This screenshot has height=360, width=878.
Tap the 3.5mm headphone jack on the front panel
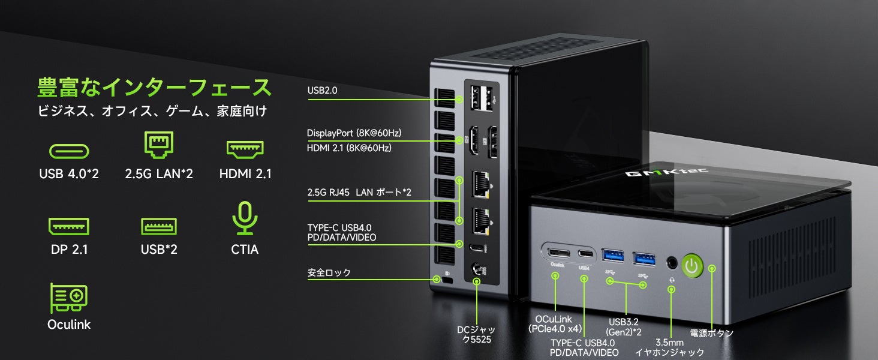coord(672,262)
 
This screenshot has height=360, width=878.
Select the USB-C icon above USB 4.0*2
coord(68,151)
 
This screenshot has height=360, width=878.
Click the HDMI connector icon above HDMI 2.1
coord(245,149)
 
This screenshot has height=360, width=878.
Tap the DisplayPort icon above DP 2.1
coord(69,226)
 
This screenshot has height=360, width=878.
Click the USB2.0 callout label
coord(323,91)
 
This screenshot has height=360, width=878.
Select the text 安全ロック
coord(329,273)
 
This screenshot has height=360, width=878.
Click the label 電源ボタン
coord(711,333)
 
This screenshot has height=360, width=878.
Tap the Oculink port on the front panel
coord(555,252)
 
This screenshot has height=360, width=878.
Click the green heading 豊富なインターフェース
coord(155,88)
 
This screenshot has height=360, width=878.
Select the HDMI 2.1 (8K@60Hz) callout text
coord(349,148)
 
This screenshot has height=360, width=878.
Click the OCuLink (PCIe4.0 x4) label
coord(555,323)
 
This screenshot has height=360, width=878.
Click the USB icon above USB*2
coord(159,226)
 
